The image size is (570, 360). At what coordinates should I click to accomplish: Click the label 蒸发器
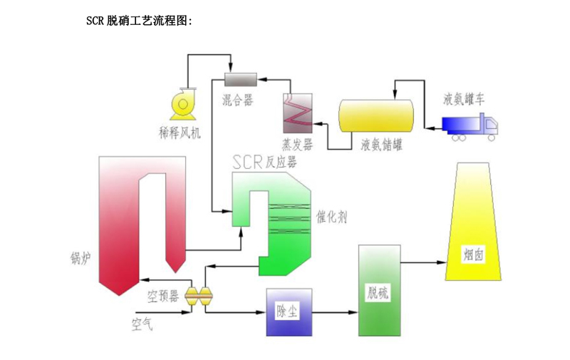[x=297, y=145]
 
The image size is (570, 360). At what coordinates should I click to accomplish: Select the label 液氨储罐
[x=382, y=145]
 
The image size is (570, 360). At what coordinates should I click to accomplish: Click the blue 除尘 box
[x=289, y=312]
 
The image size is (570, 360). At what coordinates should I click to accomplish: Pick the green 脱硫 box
[x=380, y=291]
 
